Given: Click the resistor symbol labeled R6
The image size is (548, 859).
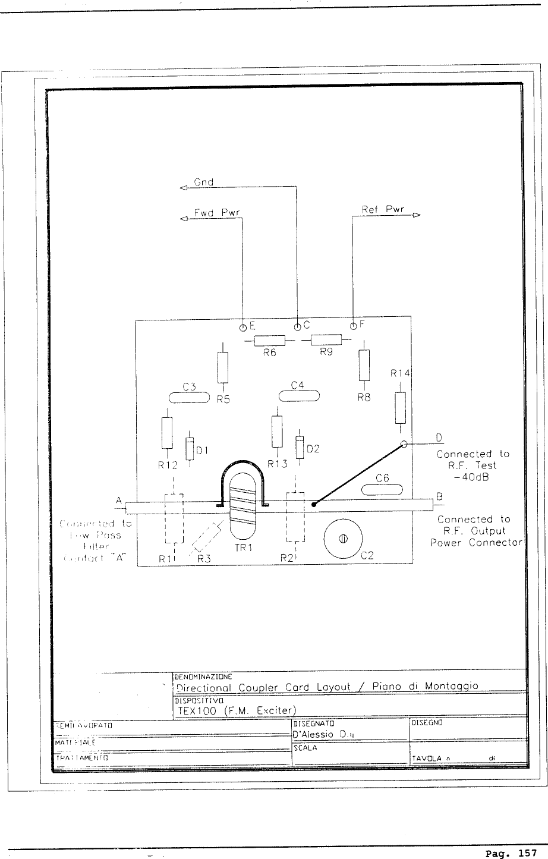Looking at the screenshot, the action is [269, 341].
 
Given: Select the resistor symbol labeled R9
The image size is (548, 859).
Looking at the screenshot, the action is [326, 340].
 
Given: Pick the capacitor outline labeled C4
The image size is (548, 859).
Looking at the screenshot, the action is [300, 396].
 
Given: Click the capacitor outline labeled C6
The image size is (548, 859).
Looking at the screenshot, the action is [382, 490].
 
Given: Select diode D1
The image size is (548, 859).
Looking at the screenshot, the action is [190, 449].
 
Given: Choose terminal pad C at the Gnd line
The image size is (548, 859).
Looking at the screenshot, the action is [297, 326].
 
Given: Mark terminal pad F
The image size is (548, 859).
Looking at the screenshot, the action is [353, 326].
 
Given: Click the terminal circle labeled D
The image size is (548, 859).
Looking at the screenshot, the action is [404, 443].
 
